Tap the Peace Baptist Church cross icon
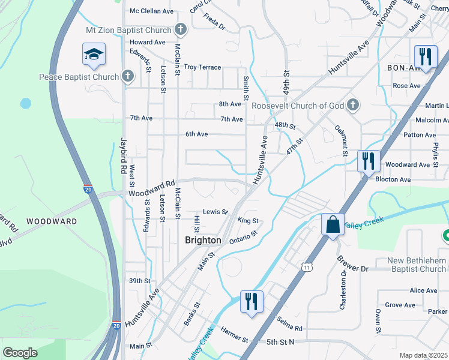coord(127,76)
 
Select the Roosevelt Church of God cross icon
coord(354,106)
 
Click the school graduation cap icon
coord(94,55)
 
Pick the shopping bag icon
coord(333,226)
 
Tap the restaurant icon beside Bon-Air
coord(425,57)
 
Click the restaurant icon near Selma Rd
coord(252,301)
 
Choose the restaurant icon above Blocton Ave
coord(368,161)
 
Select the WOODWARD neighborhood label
coord(52,221)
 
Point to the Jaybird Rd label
coord(125,154)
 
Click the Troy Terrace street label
coord(202,67)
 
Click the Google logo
coord(20,353)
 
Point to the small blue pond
coord(25,103)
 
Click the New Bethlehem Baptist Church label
coord(417,265)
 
